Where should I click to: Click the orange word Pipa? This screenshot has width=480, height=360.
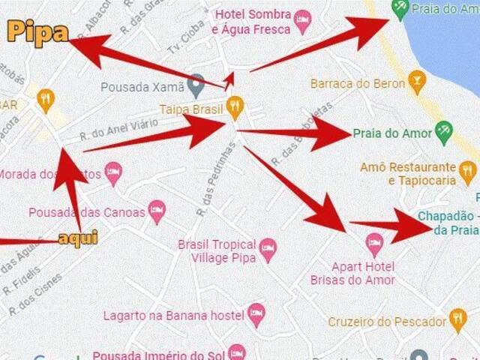coord(38,33)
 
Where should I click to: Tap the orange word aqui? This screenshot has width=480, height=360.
coord(78,238)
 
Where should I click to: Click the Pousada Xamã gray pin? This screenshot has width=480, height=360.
coord(196,85)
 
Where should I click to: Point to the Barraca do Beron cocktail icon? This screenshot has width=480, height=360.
coord(417,81)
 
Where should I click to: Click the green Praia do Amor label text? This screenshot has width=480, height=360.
coord(392,133)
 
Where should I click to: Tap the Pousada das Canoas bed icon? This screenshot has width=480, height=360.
coord(157,211)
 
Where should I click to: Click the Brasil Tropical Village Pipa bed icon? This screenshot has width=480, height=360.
coord(268,248)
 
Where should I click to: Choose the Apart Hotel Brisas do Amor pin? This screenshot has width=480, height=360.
coord(373,243)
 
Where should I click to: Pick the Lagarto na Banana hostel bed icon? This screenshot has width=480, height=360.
coord(256,314)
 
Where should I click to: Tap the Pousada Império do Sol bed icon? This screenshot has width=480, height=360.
coord(237,352)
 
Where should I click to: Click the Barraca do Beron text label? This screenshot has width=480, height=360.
coord(358,83)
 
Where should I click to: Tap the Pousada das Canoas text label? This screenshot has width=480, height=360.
coord(87,212)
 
